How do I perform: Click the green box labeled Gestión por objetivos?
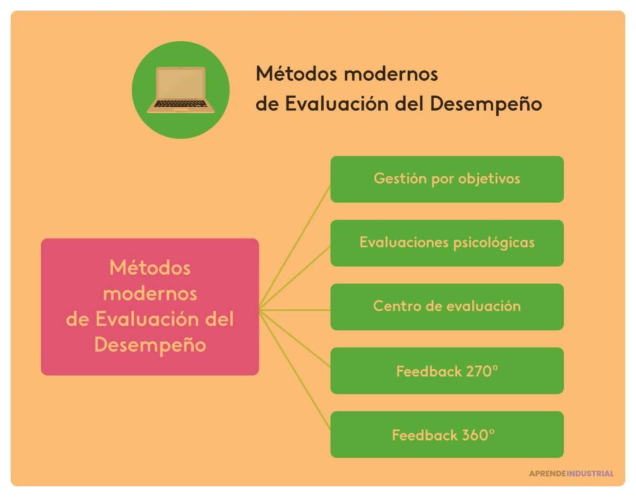point(447,179)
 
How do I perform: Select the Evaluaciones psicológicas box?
point(447,243)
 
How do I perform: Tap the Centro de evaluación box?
point(447,307)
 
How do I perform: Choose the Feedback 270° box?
point(447,371)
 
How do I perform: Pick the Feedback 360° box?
point(447,435)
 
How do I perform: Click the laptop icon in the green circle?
point(181,90)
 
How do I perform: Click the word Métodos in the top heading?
point(294,74)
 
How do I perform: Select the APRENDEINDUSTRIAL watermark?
point(571,473)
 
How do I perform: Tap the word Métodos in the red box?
point(150,268)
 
